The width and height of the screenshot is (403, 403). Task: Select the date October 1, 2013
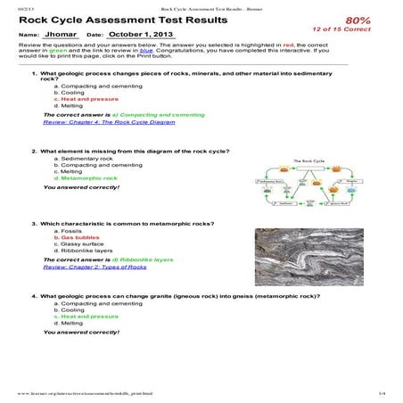(139, 35)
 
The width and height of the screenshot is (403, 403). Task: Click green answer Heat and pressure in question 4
(86, 316)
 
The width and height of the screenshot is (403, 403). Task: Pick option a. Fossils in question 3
(72, 231)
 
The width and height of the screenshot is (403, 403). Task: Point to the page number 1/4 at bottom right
(381, 393)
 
